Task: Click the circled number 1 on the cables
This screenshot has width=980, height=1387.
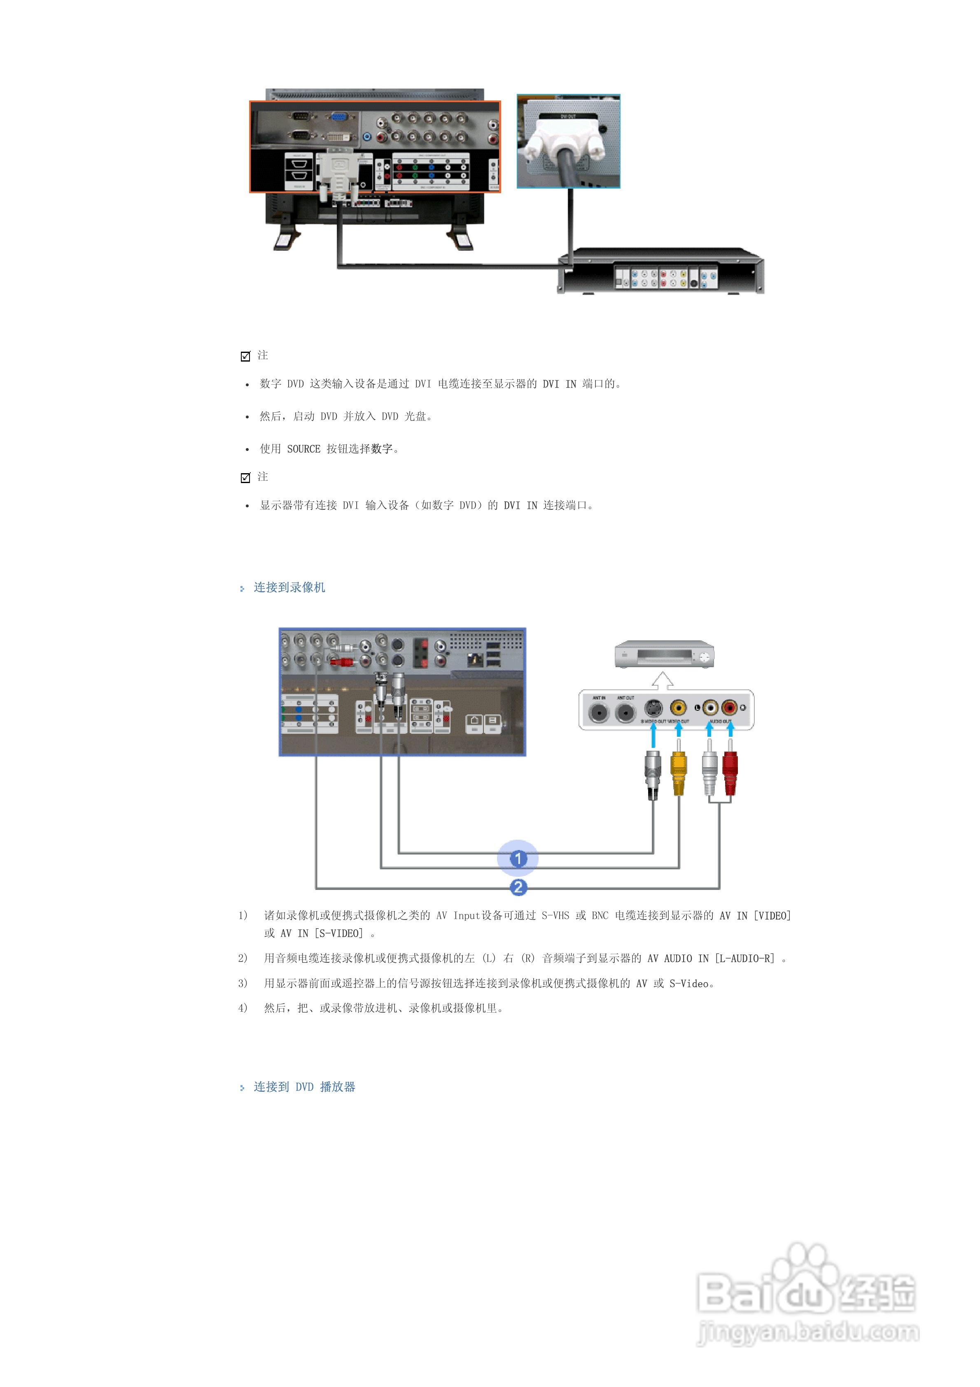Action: pos(518,858)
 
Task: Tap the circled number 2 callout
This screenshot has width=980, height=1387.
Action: pos(518,887)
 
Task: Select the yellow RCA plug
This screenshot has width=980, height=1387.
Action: pos(679,773)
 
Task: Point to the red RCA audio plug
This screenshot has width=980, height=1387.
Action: pos(730,773)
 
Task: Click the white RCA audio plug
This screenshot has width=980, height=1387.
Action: pos(709,773)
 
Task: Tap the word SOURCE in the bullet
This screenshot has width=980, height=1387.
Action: pos(303,449)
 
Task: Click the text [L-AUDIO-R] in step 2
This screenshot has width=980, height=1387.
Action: pos(744,958)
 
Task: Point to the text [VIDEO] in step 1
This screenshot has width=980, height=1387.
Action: pos(772,916)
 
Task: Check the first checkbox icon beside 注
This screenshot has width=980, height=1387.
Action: pos(245,356)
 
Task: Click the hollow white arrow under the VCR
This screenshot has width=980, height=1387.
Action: pos(663,680)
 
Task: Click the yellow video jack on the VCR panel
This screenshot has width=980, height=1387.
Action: pos(679,708)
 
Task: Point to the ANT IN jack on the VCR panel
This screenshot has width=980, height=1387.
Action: pos(599,712)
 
